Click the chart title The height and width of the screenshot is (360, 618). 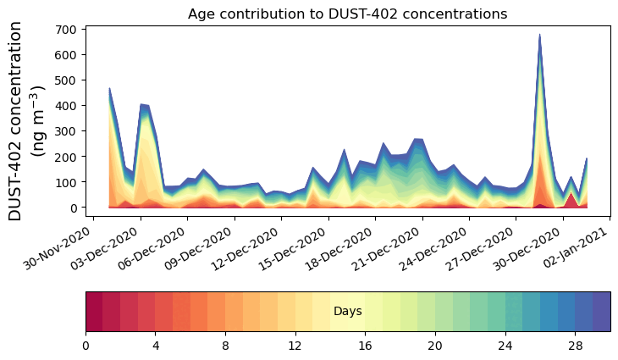click(347, 14)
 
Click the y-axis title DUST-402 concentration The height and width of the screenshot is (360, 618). click(25, 121)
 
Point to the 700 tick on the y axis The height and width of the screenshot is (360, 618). click(68, 30)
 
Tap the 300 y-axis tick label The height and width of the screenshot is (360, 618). click(68, 131)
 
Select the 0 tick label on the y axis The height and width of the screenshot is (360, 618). click(74, 208)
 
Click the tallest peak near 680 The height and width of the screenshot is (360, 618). click(539, 36)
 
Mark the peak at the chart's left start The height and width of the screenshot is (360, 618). click(109, 88)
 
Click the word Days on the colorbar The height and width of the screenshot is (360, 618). click(347, 312)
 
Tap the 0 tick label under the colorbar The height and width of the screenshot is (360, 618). click(86, 346)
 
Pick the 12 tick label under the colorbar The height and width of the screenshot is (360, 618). click(295, 346)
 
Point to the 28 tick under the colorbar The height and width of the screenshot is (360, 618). click(575, 346)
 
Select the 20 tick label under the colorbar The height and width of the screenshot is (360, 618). click(435, 346)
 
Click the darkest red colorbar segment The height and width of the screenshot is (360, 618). click(94, 312)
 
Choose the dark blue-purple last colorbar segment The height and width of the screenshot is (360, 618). click(602, 312)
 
